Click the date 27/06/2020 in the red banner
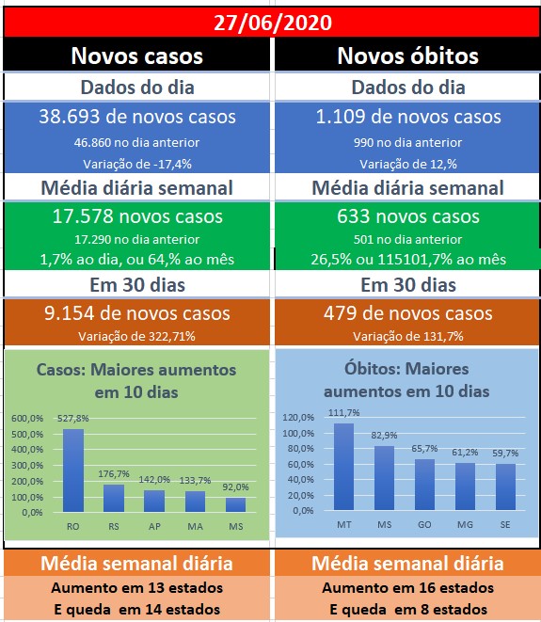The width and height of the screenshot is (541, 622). (273, 23)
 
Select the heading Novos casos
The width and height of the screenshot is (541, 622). (136, 56)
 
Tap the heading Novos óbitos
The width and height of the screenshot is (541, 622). (407, 56)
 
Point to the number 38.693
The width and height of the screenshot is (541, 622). (69, 117)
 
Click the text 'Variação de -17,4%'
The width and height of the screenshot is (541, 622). (137, 164)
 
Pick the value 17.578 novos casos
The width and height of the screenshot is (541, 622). (137, 216)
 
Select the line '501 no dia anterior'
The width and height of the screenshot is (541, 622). (407, 239)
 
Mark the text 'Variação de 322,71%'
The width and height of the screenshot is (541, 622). (136, 336)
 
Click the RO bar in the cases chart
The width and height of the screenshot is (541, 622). (73, 470)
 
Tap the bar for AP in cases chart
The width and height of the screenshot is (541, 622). (154, 501)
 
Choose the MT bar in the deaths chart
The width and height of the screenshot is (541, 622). (343, 467)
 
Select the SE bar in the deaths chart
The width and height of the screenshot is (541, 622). (505, 486)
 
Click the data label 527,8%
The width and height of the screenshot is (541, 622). (73, 418)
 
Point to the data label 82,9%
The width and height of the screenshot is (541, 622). (384, 435)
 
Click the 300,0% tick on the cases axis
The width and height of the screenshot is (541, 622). (27, 465)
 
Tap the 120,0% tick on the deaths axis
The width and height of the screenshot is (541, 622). (298, 417)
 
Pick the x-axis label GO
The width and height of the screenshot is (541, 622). (424, 524)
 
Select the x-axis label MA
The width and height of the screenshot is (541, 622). (195, 526)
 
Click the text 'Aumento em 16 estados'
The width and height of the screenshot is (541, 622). (407, 587)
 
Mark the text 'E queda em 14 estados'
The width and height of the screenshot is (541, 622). (136, 610)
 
